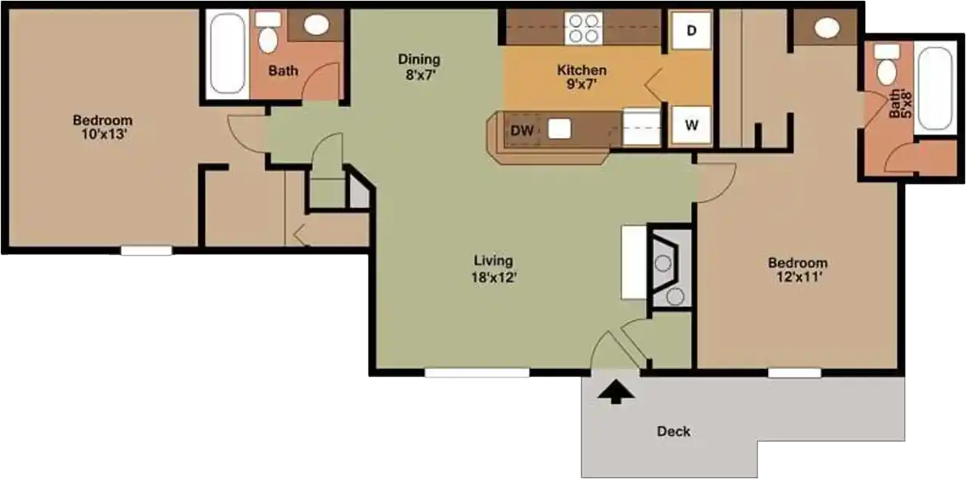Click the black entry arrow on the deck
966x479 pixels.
616,392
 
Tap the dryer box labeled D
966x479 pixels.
691,31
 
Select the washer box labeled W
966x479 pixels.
691,124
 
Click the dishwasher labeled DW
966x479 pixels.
522,130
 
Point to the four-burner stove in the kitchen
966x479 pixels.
584,29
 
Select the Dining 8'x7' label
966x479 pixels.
419,66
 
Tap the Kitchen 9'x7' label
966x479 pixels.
581,77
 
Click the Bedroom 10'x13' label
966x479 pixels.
102,127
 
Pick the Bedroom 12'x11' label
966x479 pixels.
797,270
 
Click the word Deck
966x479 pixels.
673,431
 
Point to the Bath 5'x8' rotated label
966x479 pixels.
899,105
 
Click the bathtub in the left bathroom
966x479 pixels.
226,53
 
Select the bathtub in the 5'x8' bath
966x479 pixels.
934,89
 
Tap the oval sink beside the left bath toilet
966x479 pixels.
316,25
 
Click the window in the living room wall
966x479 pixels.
476,373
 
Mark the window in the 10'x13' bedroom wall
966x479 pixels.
146,250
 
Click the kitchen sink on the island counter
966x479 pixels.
560,129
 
